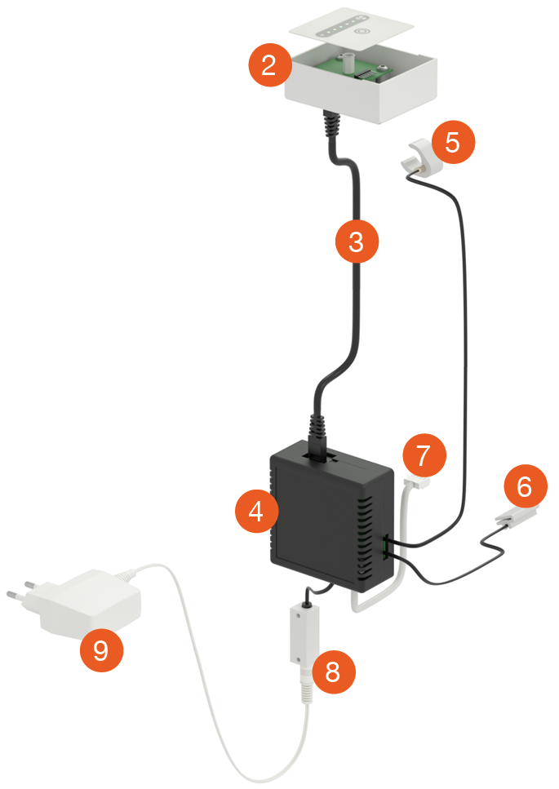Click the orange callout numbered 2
(x=270, y=65)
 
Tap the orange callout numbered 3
(x=357, y=241)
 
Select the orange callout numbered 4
(x=256, y=511)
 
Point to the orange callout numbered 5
(x=453, y=142)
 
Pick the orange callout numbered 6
(x=526, y=486)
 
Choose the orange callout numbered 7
(x=424, y=455)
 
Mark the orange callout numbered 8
(x=334, y=672)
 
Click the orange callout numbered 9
(x=102, y=650)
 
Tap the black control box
(x=332, y=516)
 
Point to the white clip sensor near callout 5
(x=418, y=156)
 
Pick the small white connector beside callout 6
(x=517, y=516)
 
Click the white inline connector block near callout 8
(x=304, y=635)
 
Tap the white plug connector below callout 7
(x=417, y=483)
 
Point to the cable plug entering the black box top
(x=317, y=437)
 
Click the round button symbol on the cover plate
(x=361, y=32)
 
